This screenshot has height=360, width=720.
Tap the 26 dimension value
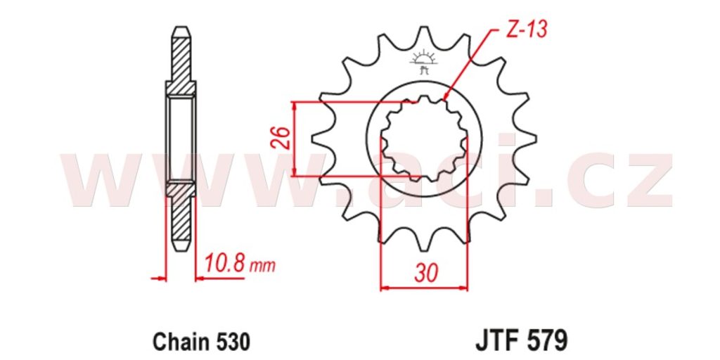(x=281, y=138)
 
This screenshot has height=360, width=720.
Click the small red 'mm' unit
(x=263, y=266)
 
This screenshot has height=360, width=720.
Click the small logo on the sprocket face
(x=424, y=62)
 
